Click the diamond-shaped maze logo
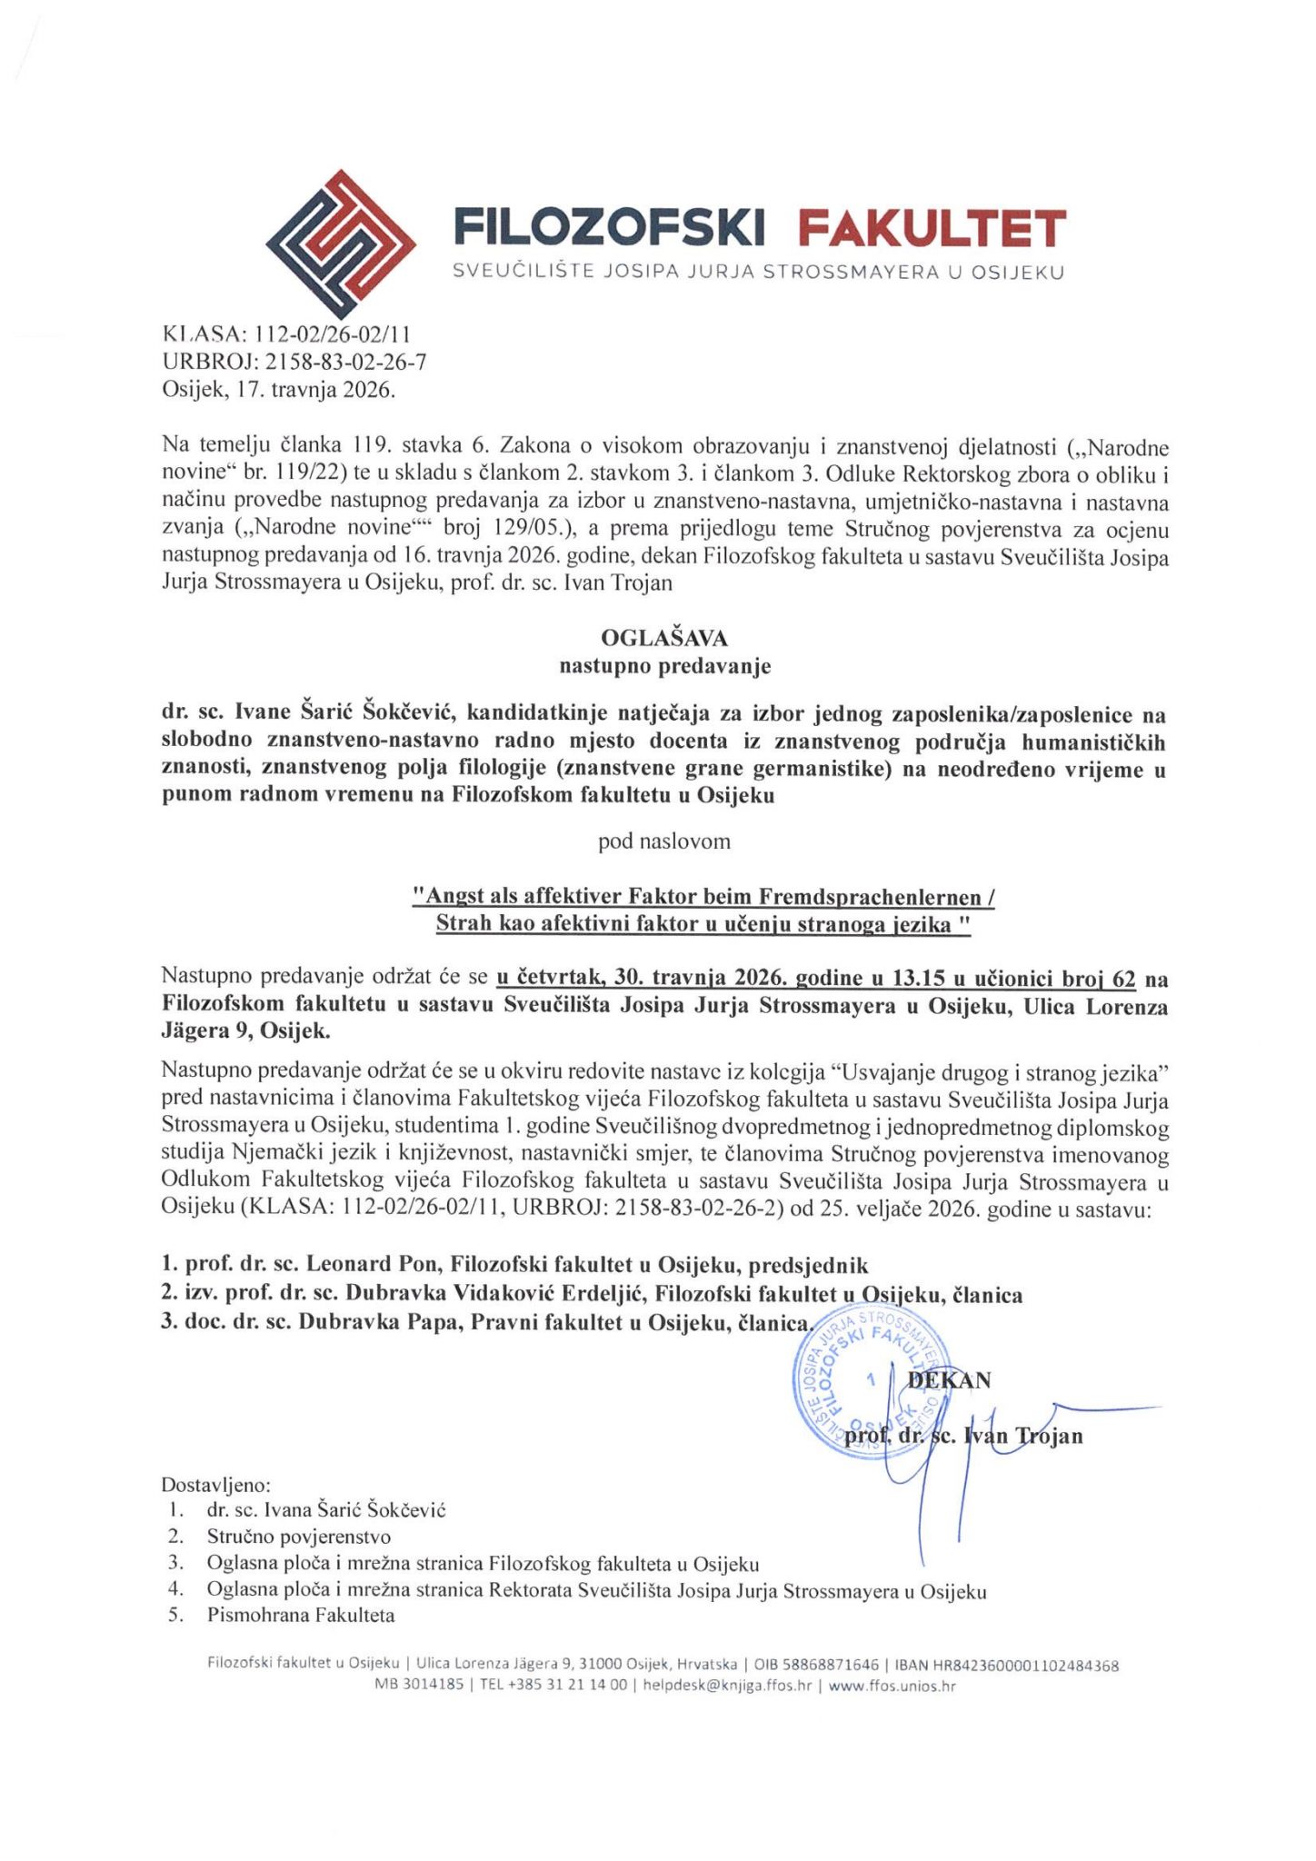click(x=341, y=239)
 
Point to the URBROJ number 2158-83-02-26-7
click(x=345, y=363)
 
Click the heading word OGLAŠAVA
click(x=664, y=638)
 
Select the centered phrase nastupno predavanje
click(x=664, y=666)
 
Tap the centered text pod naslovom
click(x=664, y=841)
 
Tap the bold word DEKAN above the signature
click(x=950, y=1379)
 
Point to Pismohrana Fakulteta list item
click(x=301, y=1616)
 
